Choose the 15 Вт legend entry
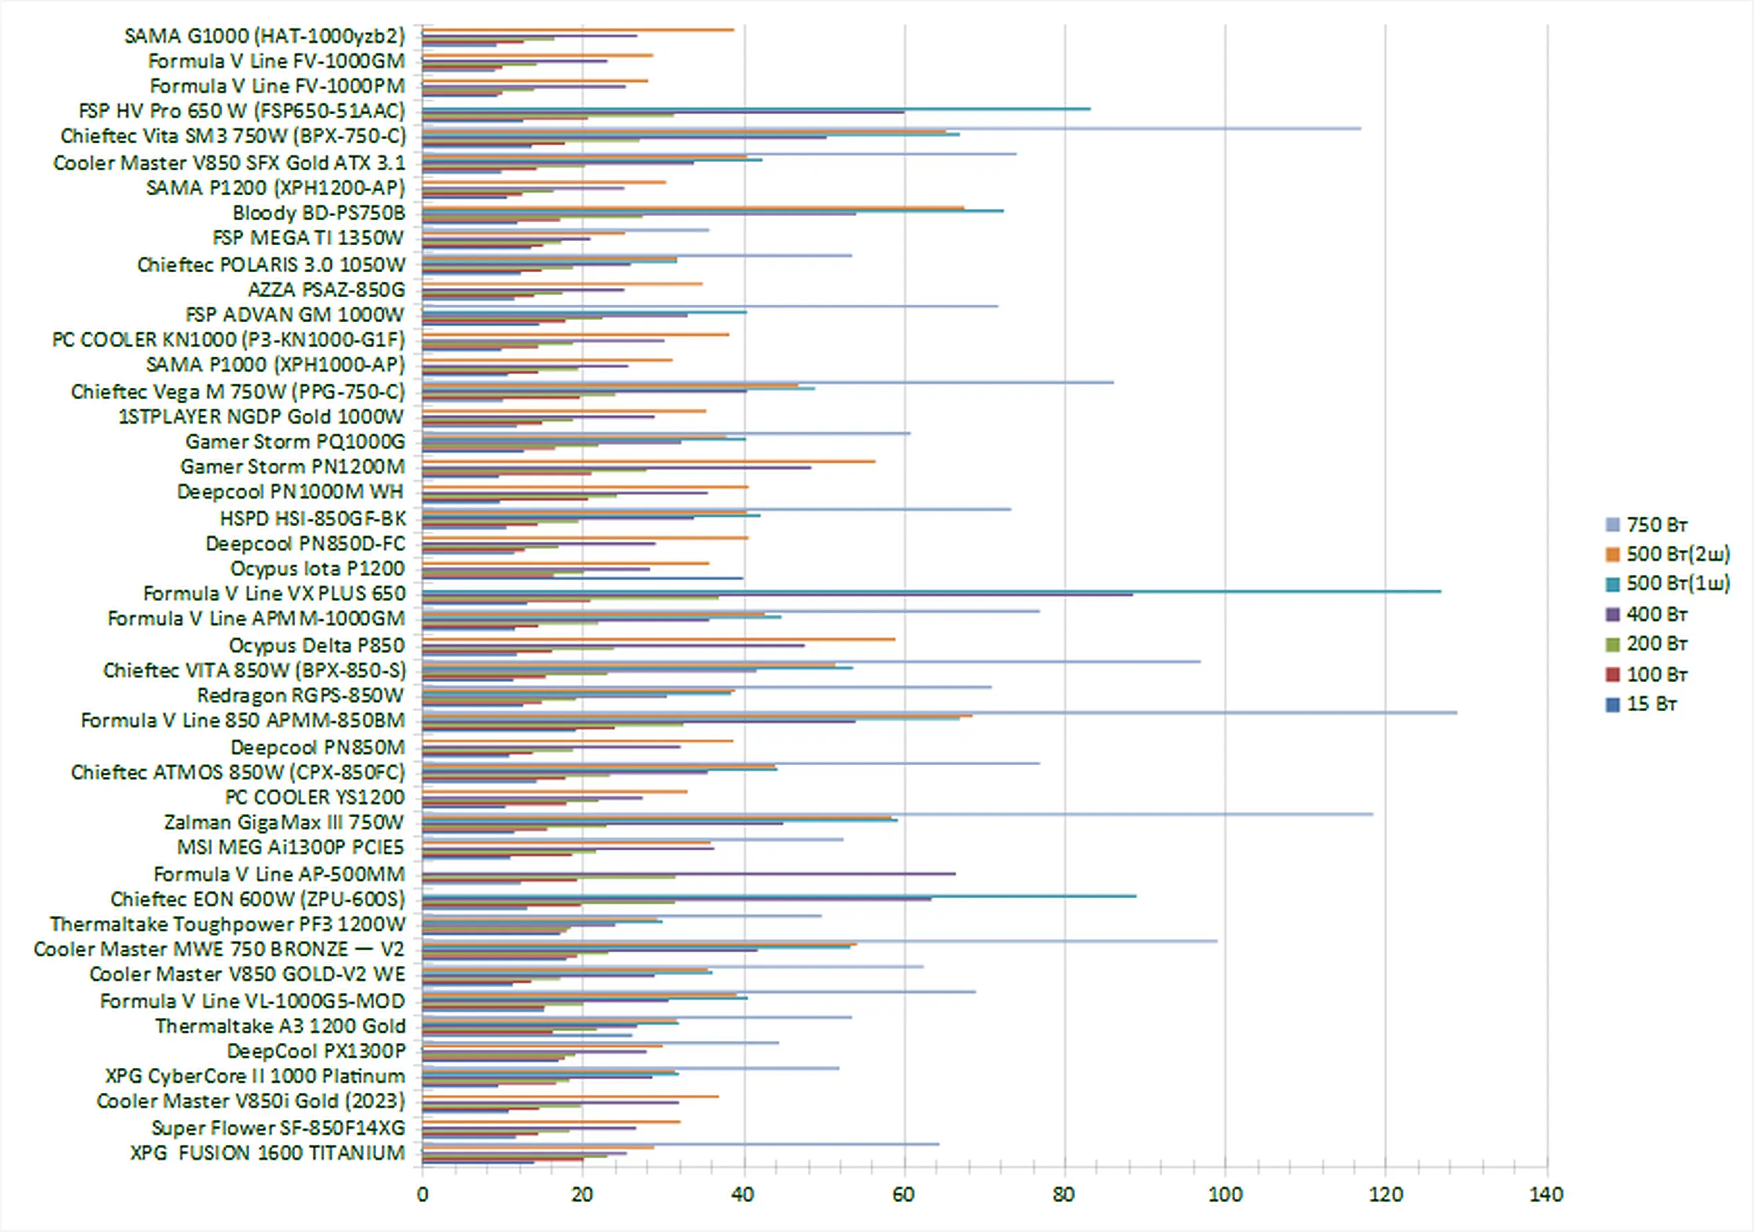(1650, 704)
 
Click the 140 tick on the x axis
(1546, 1195)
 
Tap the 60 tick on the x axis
(904, 1195)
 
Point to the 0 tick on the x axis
(423, 1195)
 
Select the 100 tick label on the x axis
(1225, 1195)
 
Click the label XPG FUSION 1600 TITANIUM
(267, 1152)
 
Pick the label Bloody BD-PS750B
(319, 213)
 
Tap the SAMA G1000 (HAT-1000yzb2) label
(265, 36)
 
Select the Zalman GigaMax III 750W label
(283, 822)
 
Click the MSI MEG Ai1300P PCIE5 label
(290, 847)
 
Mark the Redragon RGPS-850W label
(300, 695)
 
